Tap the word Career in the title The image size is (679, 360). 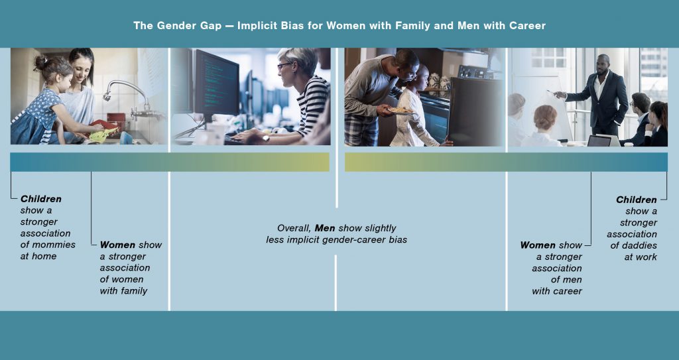(527, 26)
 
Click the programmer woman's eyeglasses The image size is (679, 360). (283, 66)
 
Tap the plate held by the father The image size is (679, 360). (401, 111)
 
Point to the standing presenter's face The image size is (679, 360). (602, 65)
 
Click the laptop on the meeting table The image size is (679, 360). (599, 141)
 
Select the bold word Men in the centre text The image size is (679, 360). (325, 228)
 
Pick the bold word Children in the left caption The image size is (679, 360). (40, 199)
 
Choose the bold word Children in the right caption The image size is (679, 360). (637, 200)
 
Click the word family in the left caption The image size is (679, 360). (135, 290)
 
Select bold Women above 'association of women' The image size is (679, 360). (117, 245)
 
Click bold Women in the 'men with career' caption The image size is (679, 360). (538, 245)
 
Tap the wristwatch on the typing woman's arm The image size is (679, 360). (265, 139)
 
